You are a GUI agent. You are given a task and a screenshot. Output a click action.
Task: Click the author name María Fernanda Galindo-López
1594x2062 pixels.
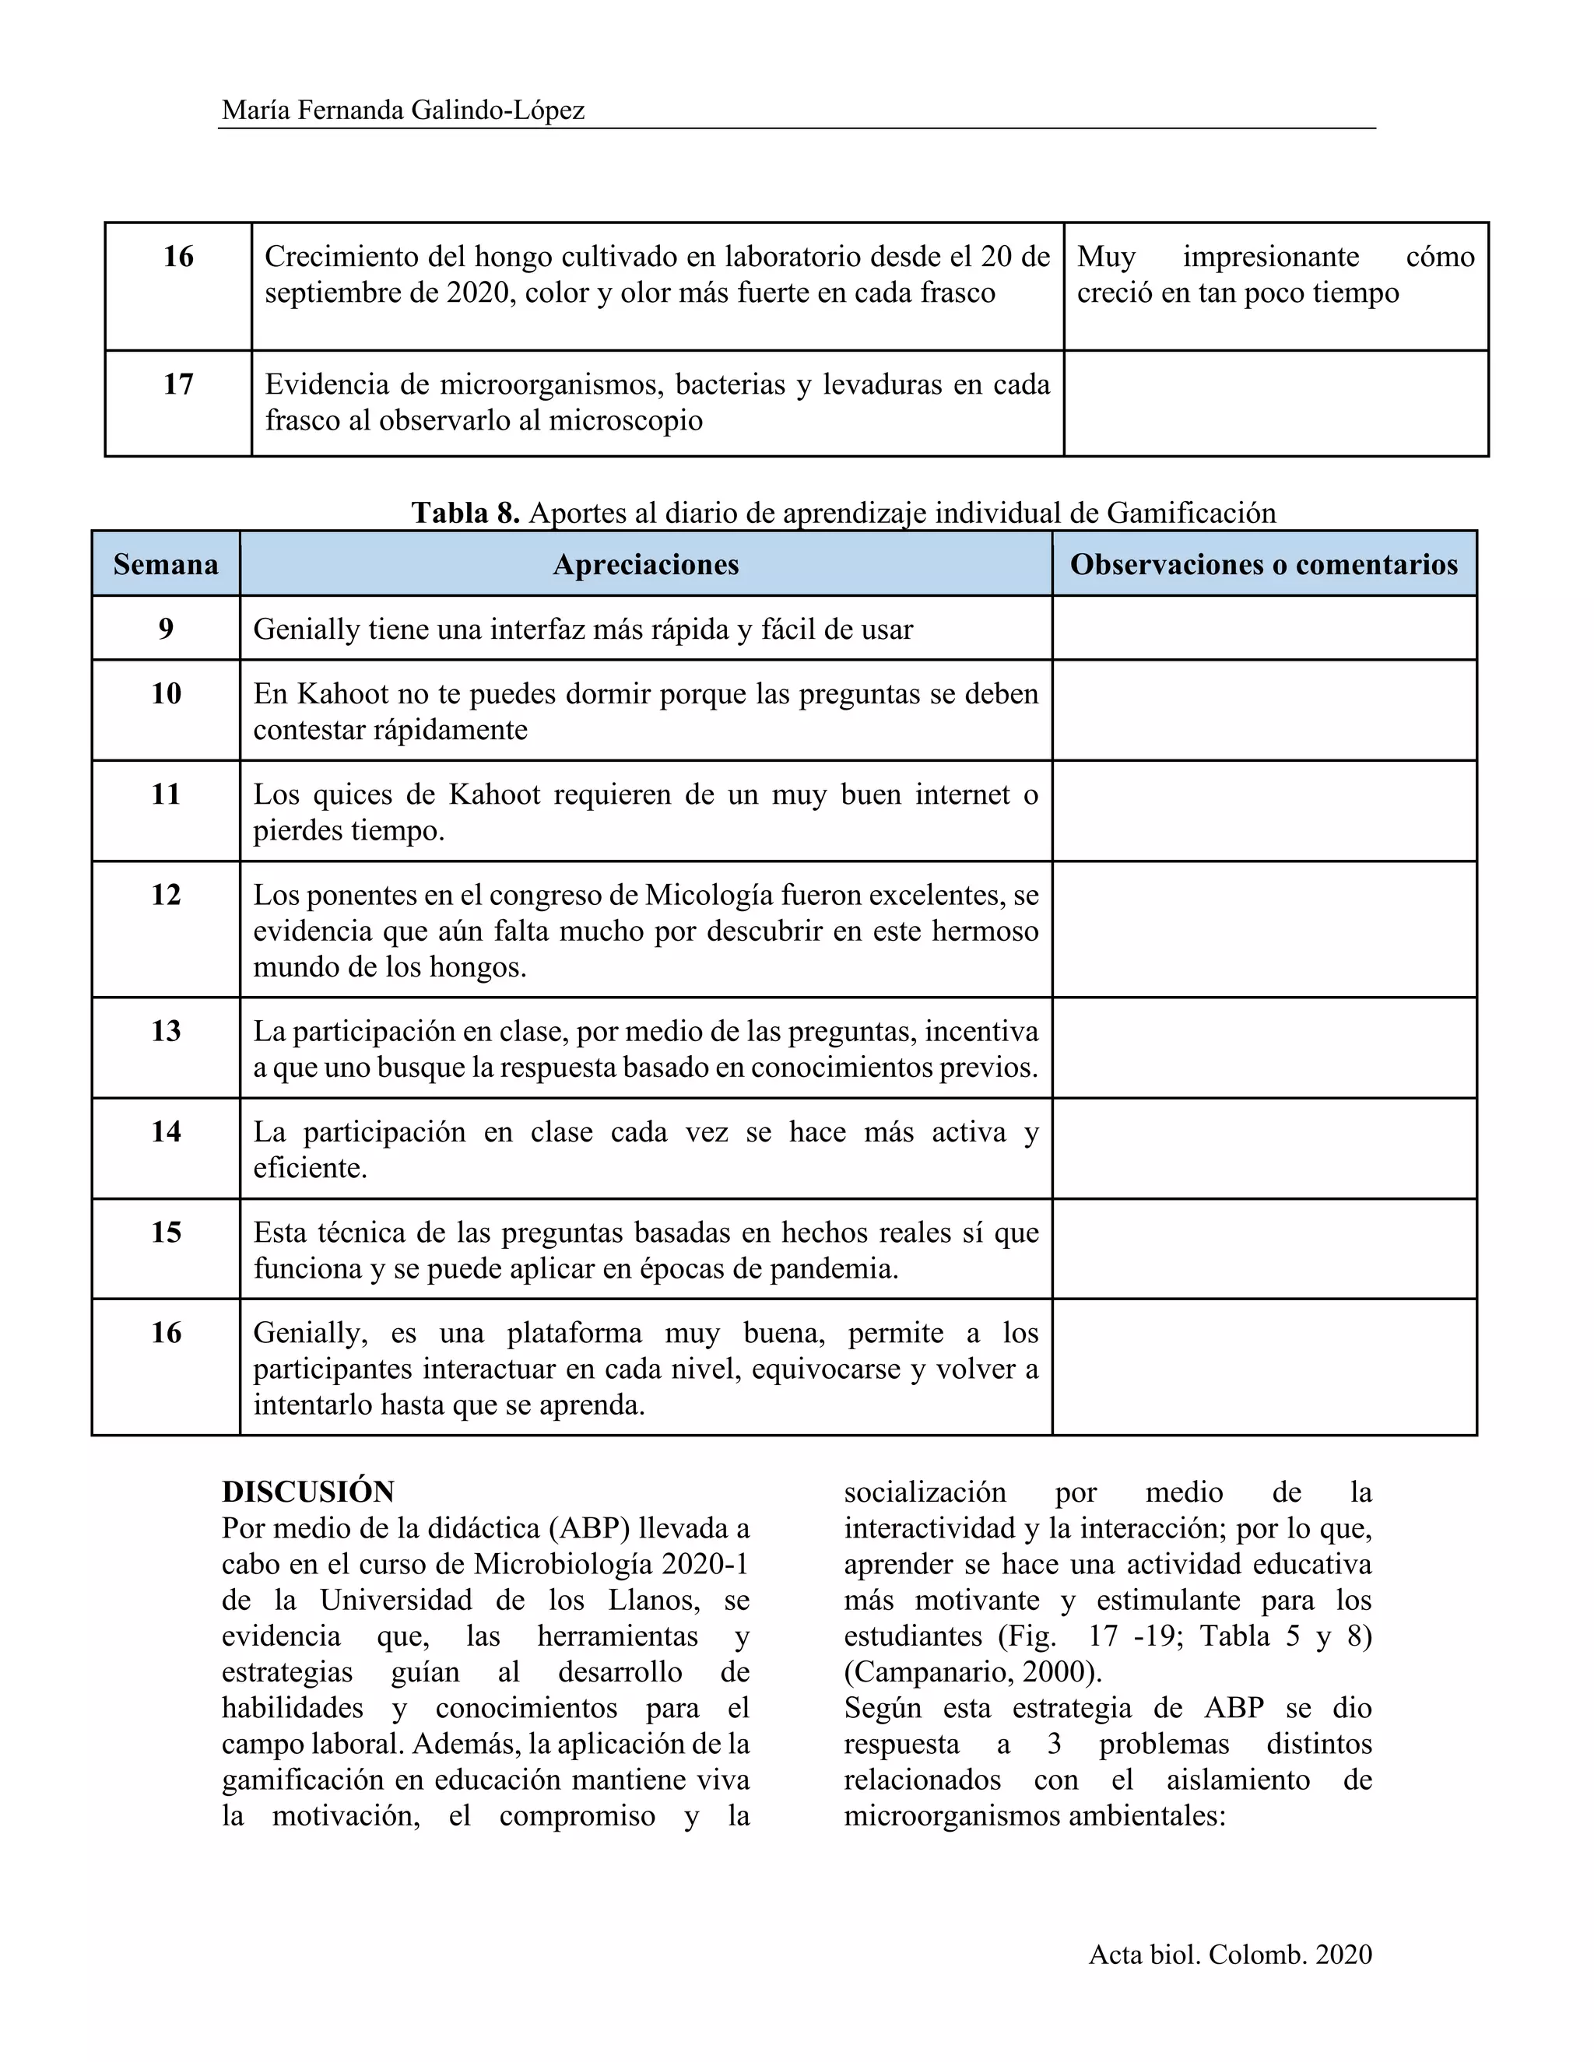coord(403,110)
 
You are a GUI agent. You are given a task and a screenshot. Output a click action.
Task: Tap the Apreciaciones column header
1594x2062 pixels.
coord(646,565)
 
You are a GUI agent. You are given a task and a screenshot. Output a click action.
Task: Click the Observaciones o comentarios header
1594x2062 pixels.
coord(1263,565)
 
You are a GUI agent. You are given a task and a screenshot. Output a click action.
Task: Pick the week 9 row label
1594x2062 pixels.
coord(167,629)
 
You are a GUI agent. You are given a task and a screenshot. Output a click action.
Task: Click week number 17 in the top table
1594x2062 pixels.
coord(177,384)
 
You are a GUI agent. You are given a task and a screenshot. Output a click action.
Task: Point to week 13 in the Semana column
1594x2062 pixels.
coord(167,1031)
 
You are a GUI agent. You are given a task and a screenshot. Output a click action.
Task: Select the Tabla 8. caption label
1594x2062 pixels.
coord(465,513)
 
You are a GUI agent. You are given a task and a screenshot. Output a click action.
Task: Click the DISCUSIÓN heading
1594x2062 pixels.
coord(308,1492)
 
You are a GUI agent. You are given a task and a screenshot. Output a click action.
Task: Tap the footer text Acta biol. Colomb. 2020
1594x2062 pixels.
coord(1230,1955)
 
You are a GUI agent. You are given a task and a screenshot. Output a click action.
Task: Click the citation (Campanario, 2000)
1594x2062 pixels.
coord(973,1672)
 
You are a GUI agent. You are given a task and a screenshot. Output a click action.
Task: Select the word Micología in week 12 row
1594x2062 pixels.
coord(717,894)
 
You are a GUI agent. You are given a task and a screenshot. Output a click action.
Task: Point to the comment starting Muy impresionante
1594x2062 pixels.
coord(1275,274)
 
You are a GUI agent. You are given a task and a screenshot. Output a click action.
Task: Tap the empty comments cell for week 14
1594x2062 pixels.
coord(1263,1148)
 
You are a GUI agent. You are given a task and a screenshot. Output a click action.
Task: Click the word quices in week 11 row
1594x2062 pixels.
coord(353,794)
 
